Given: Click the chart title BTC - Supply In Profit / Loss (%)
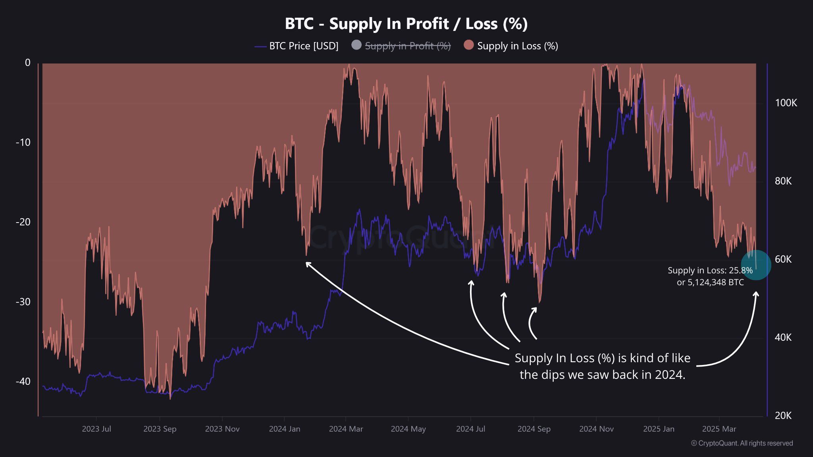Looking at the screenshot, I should click(x=406, y=24).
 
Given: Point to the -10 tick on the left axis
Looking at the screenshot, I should click(x=23, y=142).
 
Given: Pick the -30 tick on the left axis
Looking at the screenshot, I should click(x=23, y=302).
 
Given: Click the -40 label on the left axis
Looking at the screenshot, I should click(x=23, y=382).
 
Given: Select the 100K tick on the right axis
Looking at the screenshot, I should click(x=786, y=103).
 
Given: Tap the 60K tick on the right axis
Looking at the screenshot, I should click(x=783, y=259).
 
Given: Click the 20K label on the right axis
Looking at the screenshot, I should click(x=783, y=416).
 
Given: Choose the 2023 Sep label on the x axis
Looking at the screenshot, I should click(x=160, y=429).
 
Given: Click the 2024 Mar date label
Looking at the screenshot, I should click(x=346, y=429).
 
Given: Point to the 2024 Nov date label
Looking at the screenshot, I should click(x=596, y=429).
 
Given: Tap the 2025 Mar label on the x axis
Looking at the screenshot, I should click(x=719, y=429).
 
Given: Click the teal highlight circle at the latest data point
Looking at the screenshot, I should click(x=756, y=265).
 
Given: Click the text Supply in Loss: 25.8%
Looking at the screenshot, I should click(x=710, y=271).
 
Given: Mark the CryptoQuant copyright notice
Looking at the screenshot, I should click(x=742, y=443).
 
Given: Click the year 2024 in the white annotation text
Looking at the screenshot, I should click(x=670, y=374).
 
